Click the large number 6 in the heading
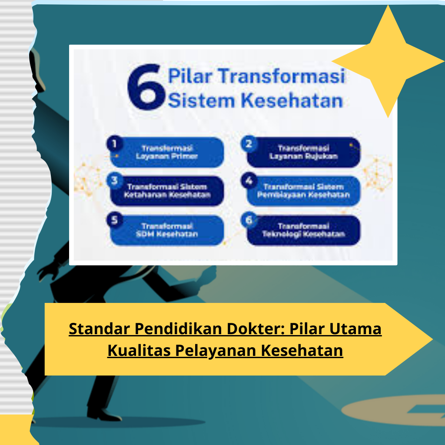146,87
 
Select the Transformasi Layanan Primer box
167,152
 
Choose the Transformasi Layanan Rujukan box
303,152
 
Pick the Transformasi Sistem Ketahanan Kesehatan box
167,191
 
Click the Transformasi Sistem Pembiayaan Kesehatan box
303,191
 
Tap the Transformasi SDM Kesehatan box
167,230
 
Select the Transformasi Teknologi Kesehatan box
303,230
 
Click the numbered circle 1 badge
114,143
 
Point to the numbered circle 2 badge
249,143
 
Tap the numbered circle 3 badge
114,180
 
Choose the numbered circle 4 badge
249,180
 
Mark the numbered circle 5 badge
114,219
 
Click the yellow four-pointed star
388,61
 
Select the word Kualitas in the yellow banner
139,350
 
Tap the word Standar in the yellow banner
100,329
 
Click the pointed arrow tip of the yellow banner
432,339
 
